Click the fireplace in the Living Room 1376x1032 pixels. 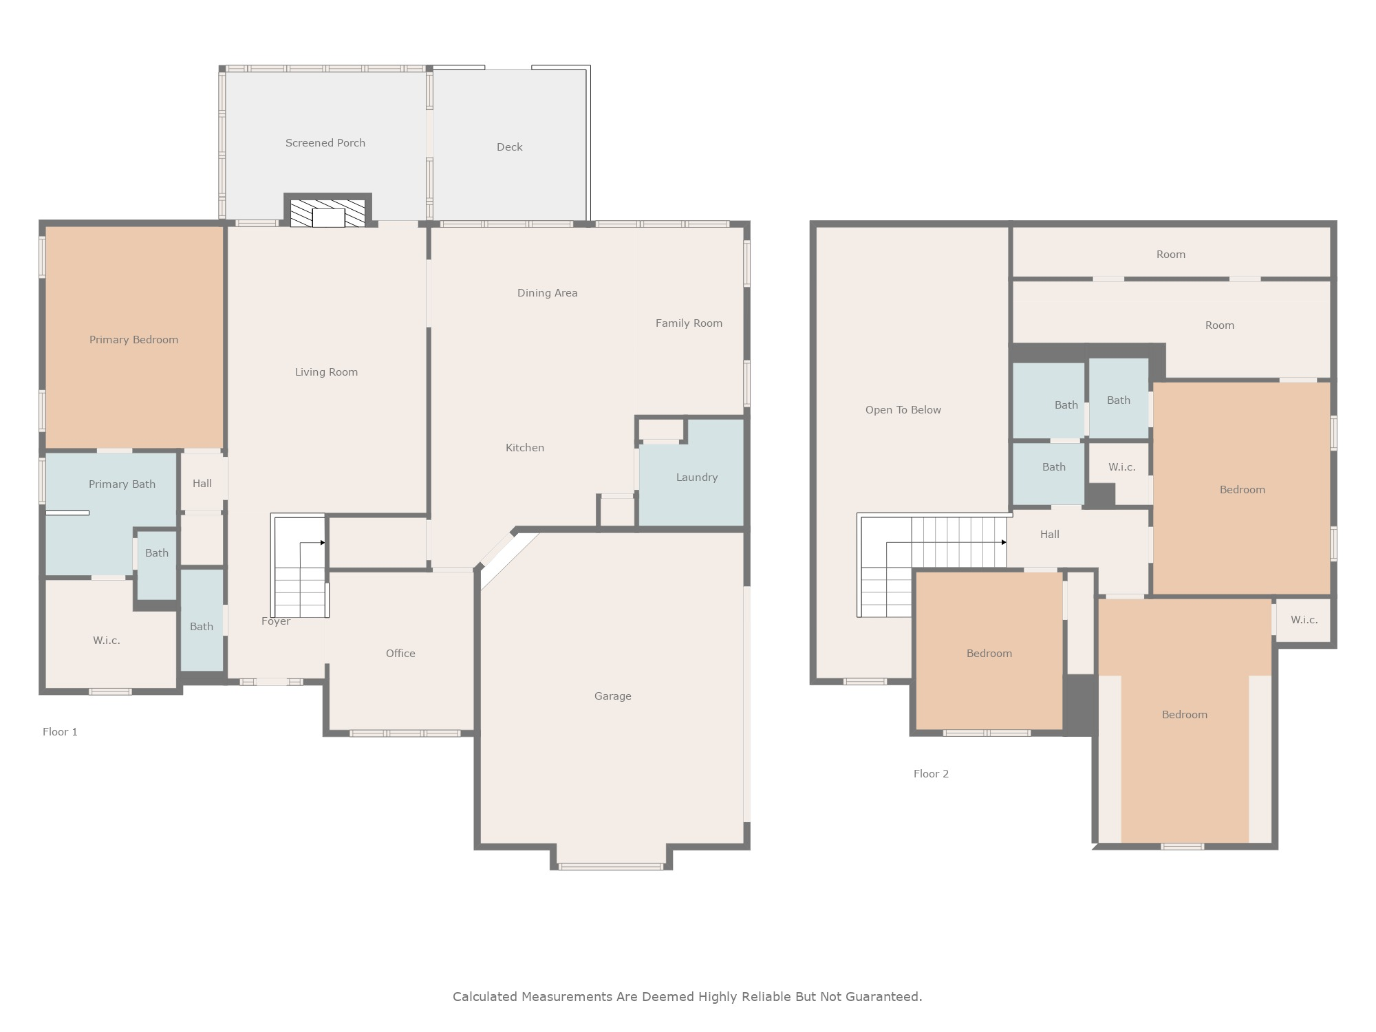coord(327,210)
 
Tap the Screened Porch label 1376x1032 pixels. coord(325,143)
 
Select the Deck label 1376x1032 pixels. coord(510,147)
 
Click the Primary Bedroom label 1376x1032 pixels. coord(133,340)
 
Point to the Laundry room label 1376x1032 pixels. coord(697,477)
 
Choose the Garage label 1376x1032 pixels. coord(613,696)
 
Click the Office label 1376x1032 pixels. coord(400,654)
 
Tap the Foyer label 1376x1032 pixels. coord(276,621)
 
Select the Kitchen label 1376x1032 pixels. coord(525,448)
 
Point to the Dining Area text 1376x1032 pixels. coord(548,293)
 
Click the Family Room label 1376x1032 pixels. coord(689,323)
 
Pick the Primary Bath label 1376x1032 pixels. coord(122,484)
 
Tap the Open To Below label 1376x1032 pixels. coord(903,410)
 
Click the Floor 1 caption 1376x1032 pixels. coord(60,732)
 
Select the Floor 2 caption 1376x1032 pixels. coord(931,774)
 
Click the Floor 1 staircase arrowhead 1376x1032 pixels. coord(323,543)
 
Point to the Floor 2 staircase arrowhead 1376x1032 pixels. coord(1004,542)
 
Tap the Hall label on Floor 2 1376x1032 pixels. coord(1050,535)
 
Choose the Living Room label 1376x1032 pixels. coord(326,372)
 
